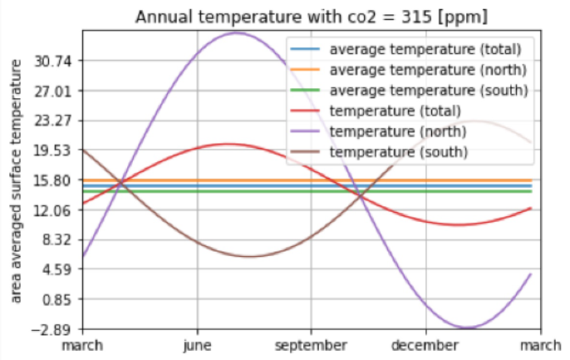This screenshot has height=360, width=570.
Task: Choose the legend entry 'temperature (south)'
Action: click(398, 152)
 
